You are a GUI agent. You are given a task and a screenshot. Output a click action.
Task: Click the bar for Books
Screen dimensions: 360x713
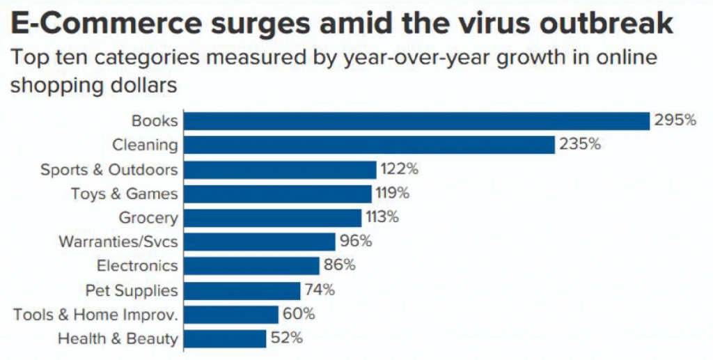(416, 120)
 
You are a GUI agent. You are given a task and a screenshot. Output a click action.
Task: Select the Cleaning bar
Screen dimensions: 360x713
(369, 145)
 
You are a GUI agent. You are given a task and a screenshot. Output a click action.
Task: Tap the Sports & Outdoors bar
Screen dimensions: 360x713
(280, 169)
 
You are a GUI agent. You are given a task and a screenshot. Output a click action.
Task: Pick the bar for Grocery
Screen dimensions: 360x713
(272, 217)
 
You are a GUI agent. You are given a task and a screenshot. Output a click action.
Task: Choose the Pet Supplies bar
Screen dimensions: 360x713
(242, 290)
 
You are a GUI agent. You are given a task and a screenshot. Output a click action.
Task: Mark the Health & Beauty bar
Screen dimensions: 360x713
(224, 338)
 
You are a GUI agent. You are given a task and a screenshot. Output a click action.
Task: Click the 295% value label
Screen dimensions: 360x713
(675, 120)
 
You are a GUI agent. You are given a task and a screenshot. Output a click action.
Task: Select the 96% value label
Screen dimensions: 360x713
(356, 242)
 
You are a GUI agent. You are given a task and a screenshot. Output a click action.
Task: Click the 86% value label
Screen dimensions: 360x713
(340, 265)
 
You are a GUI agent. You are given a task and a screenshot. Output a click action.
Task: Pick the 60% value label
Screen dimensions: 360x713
(299, 314)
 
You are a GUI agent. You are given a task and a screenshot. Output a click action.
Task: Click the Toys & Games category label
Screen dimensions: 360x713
(125, 193)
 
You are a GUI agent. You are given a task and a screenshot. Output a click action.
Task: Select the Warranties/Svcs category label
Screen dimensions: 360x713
(118, 242)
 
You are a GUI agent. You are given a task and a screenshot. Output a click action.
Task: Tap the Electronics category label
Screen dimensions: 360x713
(137, 265)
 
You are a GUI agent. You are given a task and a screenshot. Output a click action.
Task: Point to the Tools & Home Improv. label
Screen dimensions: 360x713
(96, 314)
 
